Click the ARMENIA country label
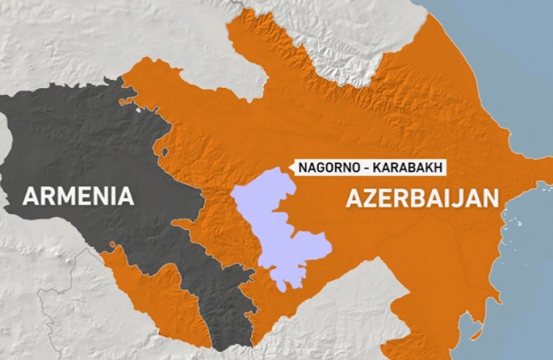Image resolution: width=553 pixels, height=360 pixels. pos(78,196)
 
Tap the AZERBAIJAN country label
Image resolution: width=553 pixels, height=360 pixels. pos(422,199)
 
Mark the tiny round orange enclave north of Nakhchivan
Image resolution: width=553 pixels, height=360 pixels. pos(112,245)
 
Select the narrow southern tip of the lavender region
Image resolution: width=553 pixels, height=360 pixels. pos(282,286)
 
